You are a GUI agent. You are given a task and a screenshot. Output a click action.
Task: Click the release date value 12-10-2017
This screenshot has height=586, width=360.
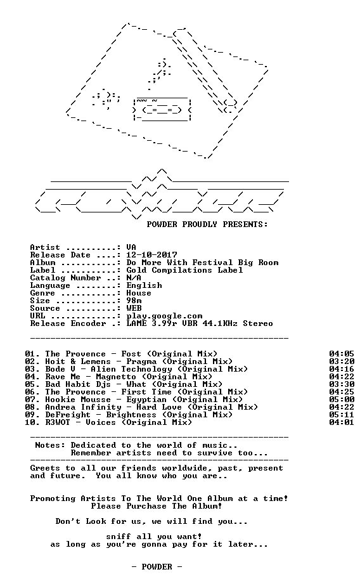tap(151, 255)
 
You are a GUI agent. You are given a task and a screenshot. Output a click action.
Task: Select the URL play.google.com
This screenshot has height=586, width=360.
tap(164, 316)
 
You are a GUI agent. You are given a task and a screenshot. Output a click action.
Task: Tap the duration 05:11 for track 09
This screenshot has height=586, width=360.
tap(342, 415)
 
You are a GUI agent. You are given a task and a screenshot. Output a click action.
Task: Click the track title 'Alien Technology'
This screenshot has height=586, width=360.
tap(147, 369)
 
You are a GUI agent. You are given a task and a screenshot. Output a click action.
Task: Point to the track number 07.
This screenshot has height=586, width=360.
tap(31, 400)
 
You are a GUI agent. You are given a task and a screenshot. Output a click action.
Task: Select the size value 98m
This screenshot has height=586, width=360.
tap(134, 301)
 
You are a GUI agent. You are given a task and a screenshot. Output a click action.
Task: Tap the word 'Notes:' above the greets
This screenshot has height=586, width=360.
tap(50, 445)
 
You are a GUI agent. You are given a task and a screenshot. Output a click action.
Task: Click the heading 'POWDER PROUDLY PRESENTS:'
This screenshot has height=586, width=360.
tap(207, 225)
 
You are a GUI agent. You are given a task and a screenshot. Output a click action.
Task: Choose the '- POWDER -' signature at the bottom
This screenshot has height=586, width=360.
tap(157, 567)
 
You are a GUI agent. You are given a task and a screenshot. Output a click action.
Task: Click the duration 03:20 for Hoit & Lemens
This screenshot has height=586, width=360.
tap(342, 361)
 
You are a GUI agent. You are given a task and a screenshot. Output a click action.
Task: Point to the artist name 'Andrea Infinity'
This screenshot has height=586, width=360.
tap(83, 407)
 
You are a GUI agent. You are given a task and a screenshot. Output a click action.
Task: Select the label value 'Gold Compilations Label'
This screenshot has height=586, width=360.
tap(184, 270)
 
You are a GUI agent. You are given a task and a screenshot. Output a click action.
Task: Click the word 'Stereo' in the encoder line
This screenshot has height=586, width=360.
tap(258, 323)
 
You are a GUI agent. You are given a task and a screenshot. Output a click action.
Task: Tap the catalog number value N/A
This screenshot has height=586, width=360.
tap(134, 278)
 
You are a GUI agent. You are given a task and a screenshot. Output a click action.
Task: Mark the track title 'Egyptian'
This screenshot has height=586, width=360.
tap(146, 400)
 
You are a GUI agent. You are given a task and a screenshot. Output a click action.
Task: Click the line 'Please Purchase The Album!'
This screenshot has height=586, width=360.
tap(157, 506)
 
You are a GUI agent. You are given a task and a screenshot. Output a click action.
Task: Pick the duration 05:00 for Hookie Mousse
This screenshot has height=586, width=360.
tap(342, 400)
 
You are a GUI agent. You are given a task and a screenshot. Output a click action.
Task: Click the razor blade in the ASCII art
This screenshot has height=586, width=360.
tap(162, 109)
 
